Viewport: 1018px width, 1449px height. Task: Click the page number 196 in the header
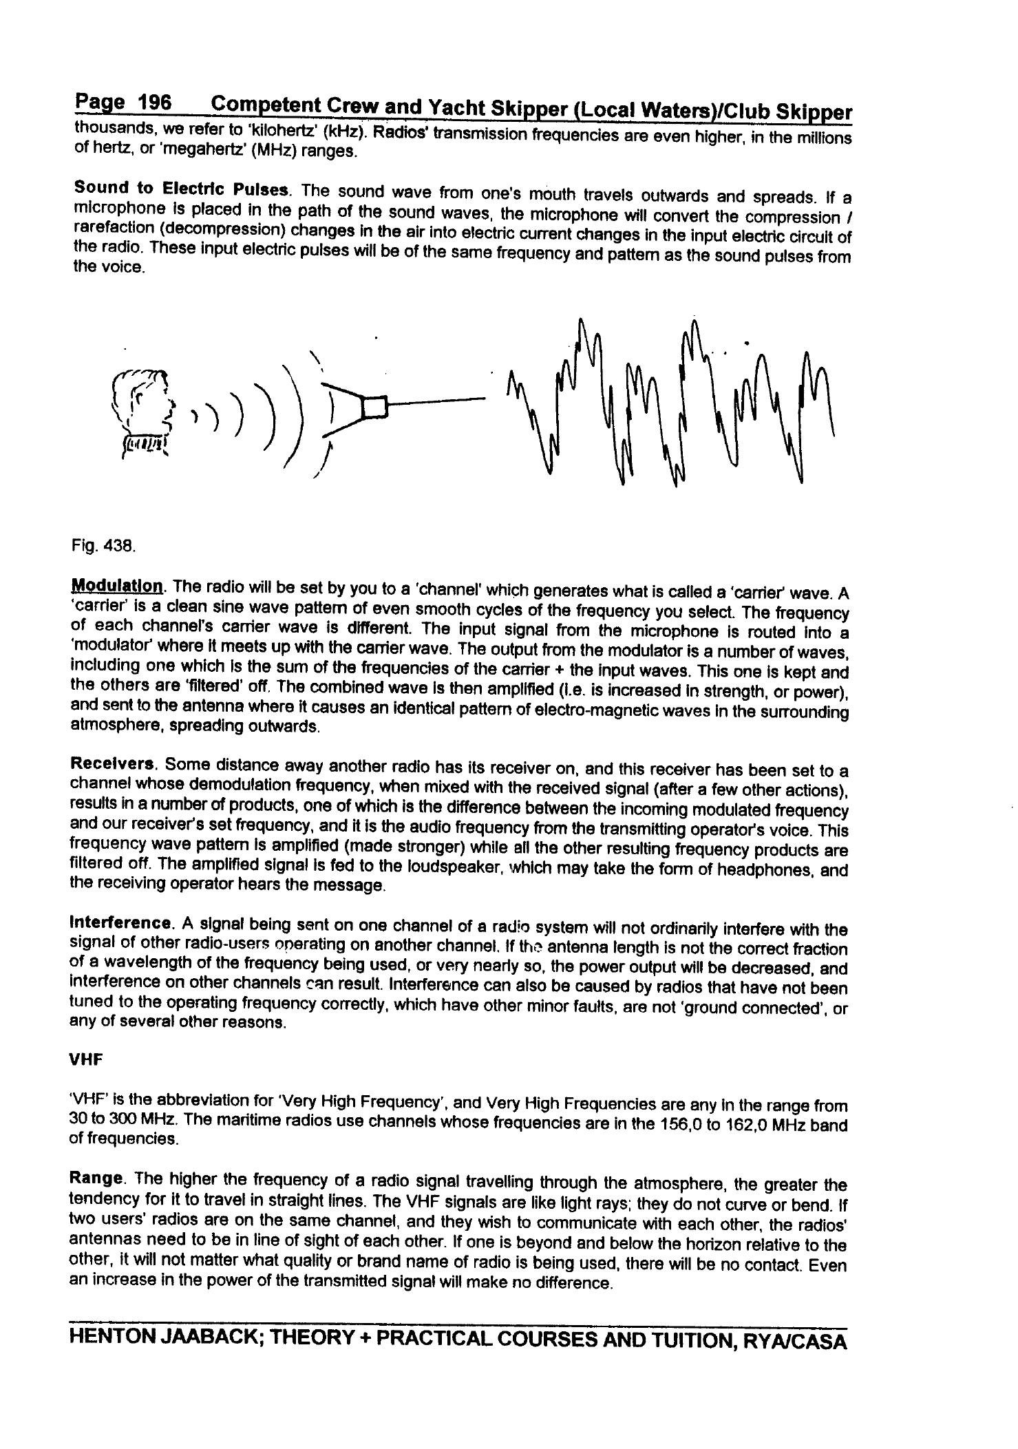[x=154, y=103]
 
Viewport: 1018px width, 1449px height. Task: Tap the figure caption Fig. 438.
[x=103, y=546]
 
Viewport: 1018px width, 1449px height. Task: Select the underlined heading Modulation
[x=117, y=586]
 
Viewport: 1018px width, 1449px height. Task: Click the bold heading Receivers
[x=114, y=764]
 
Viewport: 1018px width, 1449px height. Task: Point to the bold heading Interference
[x=121, y=922]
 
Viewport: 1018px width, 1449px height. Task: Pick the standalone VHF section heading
[x=86, y=1060]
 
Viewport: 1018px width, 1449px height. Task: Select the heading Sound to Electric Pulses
[x=182, y=188]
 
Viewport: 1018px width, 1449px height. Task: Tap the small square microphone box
[x=375, y=407]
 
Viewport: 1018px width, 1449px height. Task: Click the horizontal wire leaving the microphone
[x=437, y=400]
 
